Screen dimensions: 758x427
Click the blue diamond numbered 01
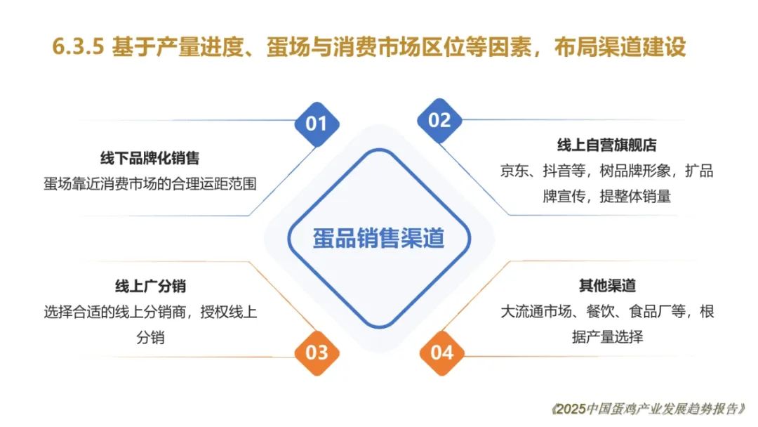(x=317, y=124)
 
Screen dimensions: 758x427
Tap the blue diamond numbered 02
(x=439, y=120)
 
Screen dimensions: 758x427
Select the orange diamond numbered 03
(x=317, y=353)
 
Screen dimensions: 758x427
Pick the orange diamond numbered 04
(x=442, y=353)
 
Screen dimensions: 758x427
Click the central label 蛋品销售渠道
(x=378, y=238)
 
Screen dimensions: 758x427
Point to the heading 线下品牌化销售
(x=150, y=158)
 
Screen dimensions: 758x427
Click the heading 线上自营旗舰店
(x=606, y=145)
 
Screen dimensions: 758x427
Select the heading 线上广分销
(x=150, y=287)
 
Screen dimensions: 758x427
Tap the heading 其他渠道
(x=607, y=286)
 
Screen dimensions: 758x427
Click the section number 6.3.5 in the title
(x=79, y=47)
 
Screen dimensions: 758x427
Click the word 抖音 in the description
(x=557, y=171)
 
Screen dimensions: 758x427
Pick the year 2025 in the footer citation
(x=571, y=409)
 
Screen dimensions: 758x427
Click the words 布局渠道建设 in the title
(x=620, y=47)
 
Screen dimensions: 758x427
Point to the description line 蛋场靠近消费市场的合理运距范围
(x=150, y=184)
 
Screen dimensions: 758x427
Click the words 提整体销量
(x=635, y=197)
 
